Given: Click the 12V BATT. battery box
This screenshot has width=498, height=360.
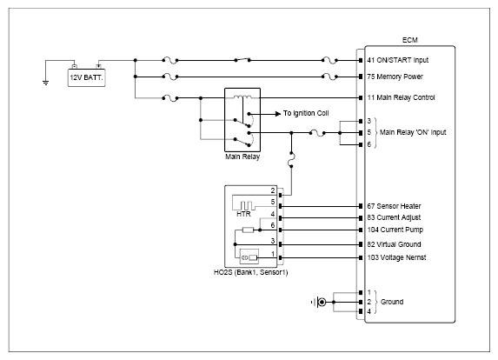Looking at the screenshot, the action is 86,77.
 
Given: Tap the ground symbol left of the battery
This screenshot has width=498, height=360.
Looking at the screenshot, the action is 46,83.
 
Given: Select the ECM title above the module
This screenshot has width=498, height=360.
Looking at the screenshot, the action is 409,40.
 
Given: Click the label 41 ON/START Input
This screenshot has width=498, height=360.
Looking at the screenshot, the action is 398,60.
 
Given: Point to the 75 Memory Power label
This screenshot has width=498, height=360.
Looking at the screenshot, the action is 395,77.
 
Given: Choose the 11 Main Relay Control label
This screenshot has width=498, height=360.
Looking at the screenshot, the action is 401,97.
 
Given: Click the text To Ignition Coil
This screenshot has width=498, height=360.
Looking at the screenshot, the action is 306,113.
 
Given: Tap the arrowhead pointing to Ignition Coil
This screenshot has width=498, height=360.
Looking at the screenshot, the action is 278,113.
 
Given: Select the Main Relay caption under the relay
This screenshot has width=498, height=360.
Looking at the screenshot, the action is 242,157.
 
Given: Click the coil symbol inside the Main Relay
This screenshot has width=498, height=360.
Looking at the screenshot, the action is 242,97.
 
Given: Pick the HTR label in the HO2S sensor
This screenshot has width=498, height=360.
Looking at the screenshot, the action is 243,214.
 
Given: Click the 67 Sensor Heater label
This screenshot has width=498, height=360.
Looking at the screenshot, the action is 394,206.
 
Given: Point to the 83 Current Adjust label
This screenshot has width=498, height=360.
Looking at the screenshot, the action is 394,217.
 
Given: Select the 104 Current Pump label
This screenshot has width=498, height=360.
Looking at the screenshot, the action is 395,230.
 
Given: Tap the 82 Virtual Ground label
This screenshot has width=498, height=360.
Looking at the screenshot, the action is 394,244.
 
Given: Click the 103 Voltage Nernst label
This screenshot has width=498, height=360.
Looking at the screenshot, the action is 396,257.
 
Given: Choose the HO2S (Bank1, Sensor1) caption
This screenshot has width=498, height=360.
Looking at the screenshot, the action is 250,272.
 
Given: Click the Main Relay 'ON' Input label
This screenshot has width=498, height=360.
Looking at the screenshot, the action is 413,132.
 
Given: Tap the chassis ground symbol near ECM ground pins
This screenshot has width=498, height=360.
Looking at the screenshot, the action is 320,302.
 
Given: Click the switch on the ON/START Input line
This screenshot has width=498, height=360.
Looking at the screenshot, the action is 242,59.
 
